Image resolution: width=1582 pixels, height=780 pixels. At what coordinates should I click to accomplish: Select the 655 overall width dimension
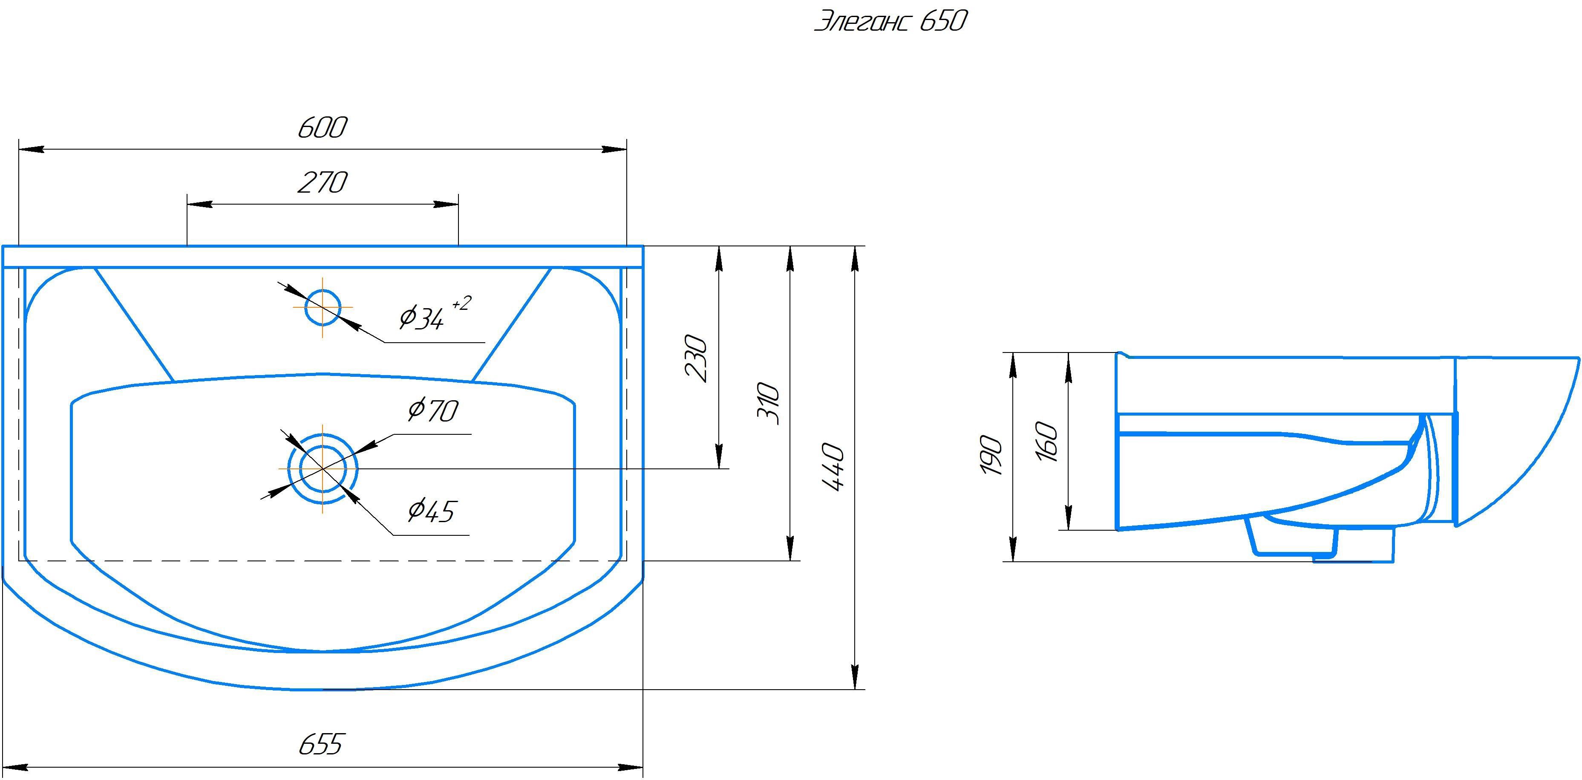tap(320, 744)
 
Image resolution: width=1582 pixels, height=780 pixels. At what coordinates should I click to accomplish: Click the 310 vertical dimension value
tap(768, 404)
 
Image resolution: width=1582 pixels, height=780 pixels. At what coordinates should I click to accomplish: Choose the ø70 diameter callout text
tap(433, 410)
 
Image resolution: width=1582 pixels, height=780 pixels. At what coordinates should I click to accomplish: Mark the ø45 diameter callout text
tap(431, 511)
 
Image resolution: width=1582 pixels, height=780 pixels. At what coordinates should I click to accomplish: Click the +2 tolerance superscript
tap(462, 304)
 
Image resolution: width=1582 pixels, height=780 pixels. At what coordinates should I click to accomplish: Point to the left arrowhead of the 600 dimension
tap(31, 149)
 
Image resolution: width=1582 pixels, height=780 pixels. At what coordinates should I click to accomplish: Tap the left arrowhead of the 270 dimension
tap(199, 204)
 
